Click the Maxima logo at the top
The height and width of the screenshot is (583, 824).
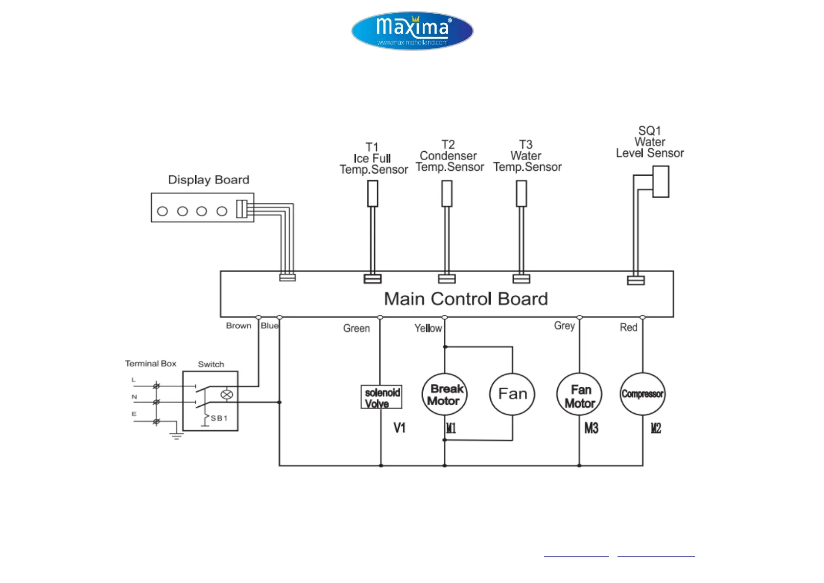pos(412,31)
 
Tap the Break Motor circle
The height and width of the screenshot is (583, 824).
pos(444,395)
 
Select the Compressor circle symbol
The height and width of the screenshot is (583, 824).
pos(642,394)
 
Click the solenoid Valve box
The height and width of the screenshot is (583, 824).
pos(381,397)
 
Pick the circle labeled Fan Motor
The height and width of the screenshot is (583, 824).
pos(579,395)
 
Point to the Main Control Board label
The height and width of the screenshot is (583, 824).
pos(465,299)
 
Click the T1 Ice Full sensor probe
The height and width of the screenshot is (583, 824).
pos(372,193)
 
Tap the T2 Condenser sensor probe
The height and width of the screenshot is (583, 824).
pos(447,193)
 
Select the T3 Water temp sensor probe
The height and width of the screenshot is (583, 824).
pos(522,193)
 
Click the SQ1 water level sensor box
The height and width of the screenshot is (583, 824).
pos(661,182)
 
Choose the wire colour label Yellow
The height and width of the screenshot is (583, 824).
pos(428,328)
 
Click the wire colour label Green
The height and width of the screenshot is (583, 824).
pos(356,328)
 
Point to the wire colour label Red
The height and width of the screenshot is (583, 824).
pos(628,327)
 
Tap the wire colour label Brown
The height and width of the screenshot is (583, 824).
pos(238,326)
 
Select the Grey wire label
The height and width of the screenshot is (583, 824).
pos(564,326)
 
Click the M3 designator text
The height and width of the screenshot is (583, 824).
pos(591,429)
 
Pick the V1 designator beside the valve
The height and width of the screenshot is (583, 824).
pos(399,428)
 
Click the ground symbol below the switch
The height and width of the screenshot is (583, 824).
pos(176,435)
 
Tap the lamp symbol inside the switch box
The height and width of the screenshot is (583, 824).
pos(227,395)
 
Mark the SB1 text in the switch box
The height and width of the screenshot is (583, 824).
pos(219,418)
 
